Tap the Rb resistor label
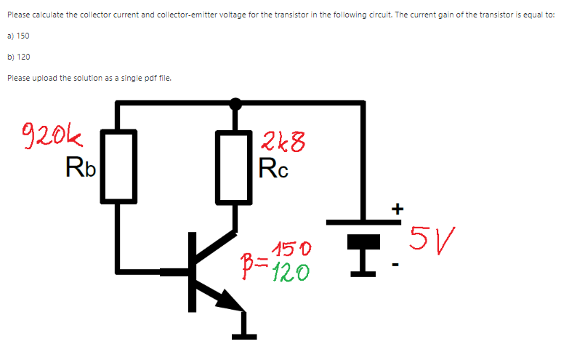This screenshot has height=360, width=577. pyautogui.click(x=79, y=168)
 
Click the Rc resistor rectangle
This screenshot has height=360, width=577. pyautogui.click(x=234, y=166)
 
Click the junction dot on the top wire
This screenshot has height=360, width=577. pyautogui.click(x=235, y=103)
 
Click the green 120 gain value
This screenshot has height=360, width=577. pyautogui.click(x=291, y=272)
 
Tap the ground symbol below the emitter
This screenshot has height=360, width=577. pyautogui.click(x=244, y=334)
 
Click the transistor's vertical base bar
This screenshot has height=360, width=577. pyautogui.click(x=193, y=271)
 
